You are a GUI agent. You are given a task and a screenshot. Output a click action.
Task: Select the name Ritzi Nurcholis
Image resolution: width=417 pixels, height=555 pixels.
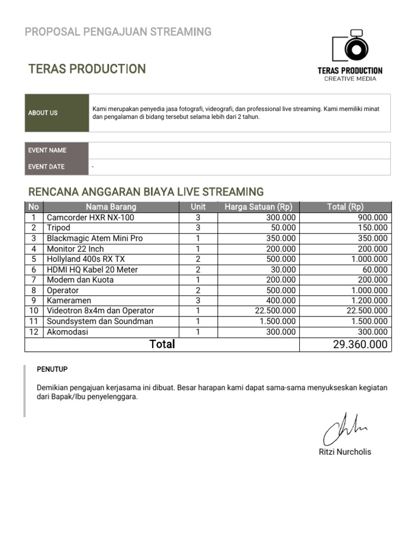[345, 452]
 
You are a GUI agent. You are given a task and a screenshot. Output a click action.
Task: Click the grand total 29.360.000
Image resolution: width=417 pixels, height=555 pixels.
[360, 344]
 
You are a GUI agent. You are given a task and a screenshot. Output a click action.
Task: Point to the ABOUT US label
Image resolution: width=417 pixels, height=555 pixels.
[43, 113]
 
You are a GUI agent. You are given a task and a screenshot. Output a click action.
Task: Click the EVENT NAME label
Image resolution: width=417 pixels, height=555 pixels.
[47, 150]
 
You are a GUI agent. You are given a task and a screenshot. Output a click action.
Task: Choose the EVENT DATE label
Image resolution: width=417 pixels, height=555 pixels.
[46, 167]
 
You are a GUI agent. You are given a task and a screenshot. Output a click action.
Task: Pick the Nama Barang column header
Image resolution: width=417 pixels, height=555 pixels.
[111, 206]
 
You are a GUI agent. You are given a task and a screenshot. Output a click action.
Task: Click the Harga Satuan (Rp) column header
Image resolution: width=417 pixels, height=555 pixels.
[258, 206]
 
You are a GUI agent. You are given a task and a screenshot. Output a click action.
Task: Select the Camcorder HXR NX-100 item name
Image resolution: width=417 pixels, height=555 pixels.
[90, 217]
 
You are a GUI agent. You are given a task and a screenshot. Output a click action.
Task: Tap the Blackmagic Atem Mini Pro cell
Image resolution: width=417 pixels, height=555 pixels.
[94, 238]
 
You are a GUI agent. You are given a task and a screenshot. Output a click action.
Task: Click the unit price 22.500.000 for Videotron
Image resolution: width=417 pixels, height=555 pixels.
[275, 311]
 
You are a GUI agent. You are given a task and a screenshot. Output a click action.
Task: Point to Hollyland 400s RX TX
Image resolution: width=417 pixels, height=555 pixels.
[86, 259]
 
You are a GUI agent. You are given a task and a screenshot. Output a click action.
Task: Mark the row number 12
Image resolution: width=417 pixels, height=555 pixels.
[34, 332]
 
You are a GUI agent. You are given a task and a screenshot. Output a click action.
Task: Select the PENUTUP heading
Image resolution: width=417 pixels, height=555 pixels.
[52, 369]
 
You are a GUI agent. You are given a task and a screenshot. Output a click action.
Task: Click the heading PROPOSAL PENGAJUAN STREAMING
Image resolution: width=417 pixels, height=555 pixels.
[118, 31]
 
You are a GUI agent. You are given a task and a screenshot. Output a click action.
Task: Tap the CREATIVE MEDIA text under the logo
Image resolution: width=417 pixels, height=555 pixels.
[350, 79]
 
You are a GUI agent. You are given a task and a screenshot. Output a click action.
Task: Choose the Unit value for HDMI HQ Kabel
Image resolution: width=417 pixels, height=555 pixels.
[198, 269]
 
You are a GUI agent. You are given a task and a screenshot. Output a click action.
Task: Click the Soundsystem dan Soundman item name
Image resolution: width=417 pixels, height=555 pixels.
[100, 321]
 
